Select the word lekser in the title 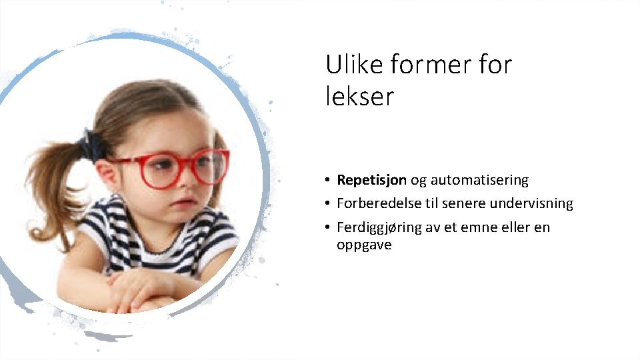(x=360, y=97)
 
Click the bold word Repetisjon (x=371, y=180)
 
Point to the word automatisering (x=479, y=180)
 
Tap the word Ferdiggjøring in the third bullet (x=381, y=227)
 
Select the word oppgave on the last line (x=364, y=245)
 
